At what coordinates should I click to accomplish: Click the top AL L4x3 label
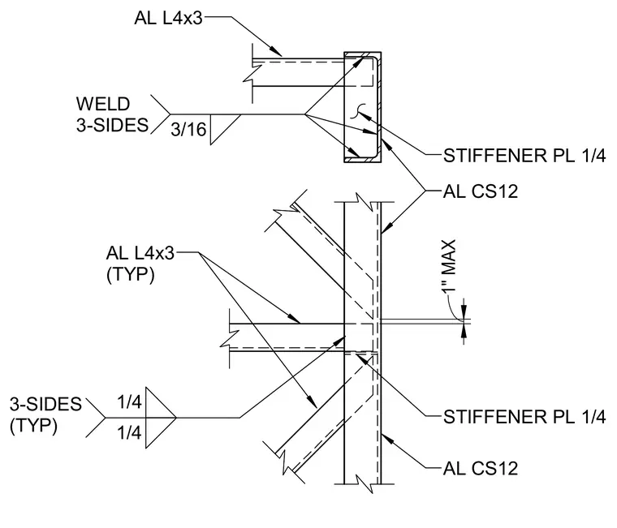pyautogui.click(x=168, y=18)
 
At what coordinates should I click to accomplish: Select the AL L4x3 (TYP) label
pyautogui.click(x=140, y=264)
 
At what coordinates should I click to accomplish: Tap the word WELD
pyautogui.click(x=103, y=104)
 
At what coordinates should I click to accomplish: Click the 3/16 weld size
pyautogui.click(x=188, y=129)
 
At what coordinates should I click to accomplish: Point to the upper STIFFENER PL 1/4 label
pyautogui.click(x=524, y=156)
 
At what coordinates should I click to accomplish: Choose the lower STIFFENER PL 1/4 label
pyautogui.click(x=524, y=417)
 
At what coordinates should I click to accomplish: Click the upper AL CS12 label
pyautogui.click(x=481, y=191)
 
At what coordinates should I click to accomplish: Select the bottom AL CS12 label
pyautogui.click(x=481, y=468)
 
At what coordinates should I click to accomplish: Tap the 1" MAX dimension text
pyautogui.click(x=449, y=267)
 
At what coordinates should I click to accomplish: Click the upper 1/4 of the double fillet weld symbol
pyautogui.click(x=129, y=401)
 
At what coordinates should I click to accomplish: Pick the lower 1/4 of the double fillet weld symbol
pyautogui.click(x=129, y=433)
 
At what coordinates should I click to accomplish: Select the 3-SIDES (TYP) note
pyautogui.click(x=45, y=414)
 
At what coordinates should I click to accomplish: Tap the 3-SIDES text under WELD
pyautogui.click(x=112, y=126)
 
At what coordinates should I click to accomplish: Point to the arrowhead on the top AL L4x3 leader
pyautogui.click(x=276, y=52)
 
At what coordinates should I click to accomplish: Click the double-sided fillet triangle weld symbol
pyautogui.click(x=161, y=418)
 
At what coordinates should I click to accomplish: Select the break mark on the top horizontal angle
pyautogui.click(x=252, y=73)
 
